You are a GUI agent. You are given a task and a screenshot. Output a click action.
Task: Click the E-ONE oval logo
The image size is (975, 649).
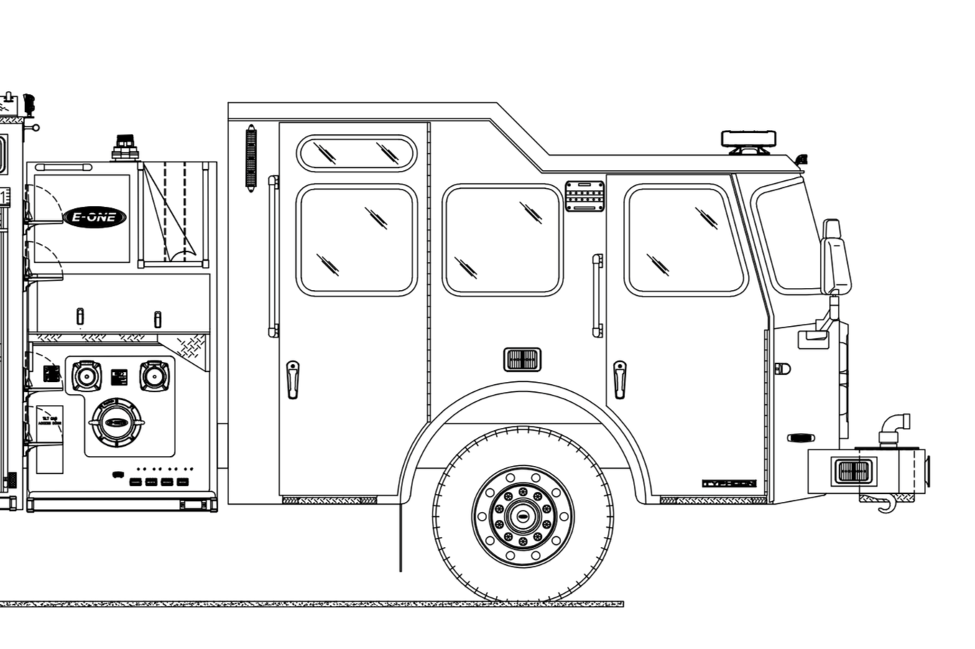(95, 217)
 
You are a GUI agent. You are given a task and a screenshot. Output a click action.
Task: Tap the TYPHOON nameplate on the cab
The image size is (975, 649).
(729, 483)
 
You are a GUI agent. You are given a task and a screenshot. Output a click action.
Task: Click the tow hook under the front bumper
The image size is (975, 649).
(887, 505)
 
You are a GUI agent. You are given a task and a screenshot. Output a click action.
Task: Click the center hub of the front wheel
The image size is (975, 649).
(522, 515)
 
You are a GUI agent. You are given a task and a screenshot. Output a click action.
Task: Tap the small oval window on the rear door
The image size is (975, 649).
(356, 153)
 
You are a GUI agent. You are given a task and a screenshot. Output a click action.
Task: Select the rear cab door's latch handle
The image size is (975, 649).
(292, 379)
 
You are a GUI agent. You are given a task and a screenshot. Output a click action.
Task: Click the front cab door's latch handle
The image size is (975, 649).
(619, 379)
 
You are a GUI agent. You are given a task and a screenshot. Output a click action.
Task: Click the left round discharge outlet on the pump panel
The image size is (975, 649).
(87, 375)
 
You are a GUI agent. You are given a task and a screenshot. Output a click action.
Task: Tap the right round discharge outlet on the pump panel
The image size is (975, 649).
(154, 375)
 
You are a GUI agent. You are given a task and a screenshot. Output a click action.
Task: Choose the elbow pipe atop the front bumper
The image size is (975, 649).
(894, 429)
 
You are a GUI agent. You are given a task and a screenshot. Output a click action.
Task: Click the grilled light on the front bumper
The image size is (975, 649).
(854, 471)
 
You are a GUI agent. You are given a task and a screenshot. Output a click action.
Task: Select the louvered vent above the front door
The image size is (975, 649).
(584, 195)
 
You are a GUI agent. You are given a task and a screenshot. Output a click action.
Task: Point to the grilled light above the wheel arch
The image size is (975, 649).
(522, 359)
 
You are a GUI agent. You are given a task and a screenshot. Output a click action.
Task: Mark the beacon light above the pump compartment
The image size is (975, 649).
(126, 149)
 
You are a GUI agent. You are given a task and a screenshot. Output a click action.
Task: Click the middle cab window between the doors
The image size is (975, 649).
(502, 241)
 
